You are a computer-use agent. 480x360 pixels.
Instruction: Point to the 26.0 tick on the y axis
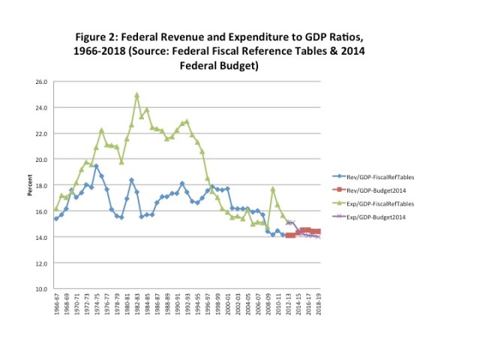[42, 82]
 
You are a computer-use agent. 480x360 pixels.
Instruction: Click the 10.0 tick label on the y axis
[42, 289]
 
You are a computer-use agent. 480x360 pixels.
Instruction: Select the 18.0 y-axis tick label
[42, 185]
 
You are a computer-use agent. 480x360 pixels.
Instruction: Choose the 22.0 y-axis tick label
[42, 133]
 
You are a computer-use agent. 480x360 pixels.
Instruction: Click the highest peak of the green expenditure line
[136, 95]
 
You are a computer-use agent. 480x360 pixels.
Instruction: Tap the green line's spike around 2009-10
[273, 189]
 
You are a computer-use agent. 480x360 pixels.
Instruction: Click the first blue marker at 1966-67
[56, 218]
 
